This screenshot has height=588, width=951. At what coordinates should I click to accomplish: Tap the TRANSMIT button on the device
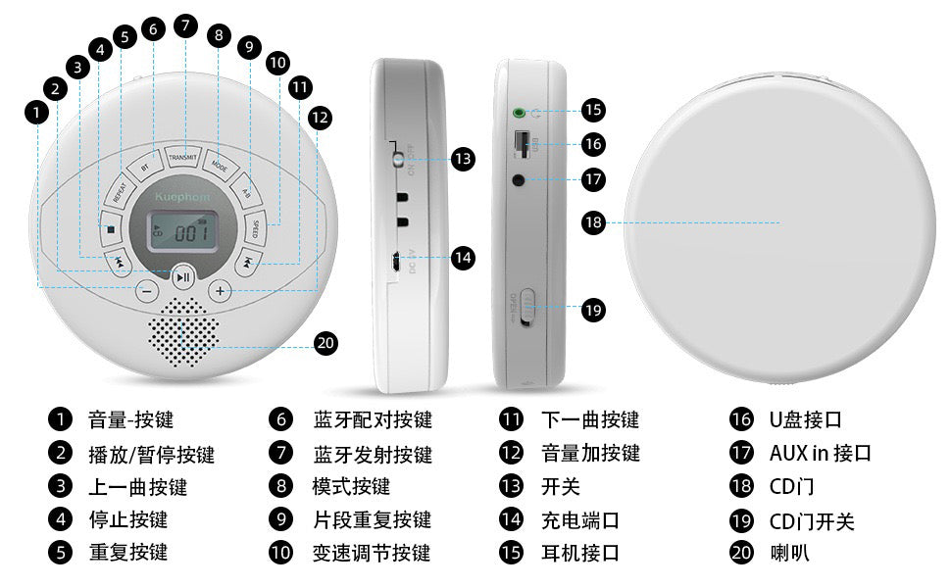click(x=183, y=158)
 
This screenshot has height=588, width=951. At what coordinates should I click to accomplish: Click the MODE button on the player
click(x=219, y=166)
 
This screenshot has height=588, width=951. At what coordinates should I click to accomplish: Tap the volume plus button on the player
click(x=222, y=290)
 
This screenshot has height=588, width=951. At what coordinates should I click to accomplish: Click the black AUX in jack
click(x=519, y=179)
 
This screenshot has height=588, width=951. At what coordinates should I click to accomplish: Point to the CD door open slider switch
click(x=527, y=308)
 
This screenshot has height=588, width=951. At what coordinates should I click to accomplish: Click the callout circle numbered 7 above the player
click(x=183, y=26)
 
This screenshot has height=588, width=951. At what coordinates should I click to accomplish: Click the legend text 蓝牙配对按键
click(x=373, y=420)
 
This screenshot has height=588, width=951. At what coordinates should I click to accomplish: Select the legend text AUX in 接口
click(x=821, y=453)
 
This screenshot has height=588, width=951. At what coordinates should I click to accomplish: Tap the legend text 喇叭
click(x=789, y=553)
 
